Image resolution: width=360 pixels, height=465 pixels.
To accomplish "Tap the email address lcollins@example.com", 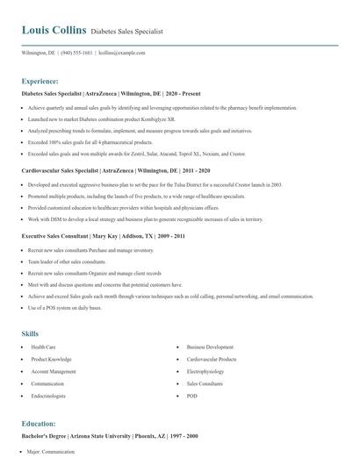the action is coord(120,53).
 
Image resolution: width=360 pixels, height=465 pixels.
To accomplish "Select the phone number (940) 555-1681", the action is coord(77,53).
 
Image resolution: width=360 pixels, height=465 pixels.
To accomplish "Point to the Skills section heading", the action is coord(30,333).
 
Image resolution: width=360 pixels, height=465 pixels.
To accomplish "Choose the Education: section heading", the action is coord(40,423).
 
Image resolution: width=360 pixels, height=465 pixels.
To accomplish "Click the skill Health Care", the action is coord(43,347).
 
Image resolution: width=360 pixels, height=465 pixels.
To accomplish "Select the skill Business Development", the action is coord(210,347).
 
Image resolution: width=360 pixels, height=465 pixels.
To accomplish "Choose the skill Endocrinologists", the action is coord(49,396).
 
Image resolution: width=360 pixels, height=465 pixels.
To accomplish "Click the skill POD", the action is coord(192,396).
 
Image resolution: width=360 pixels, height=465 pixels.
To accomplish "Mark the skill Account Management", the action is coord(54,372).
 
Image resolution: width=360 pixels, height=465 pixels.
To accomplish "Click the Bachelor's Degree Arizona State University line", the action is coord(109,436).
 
